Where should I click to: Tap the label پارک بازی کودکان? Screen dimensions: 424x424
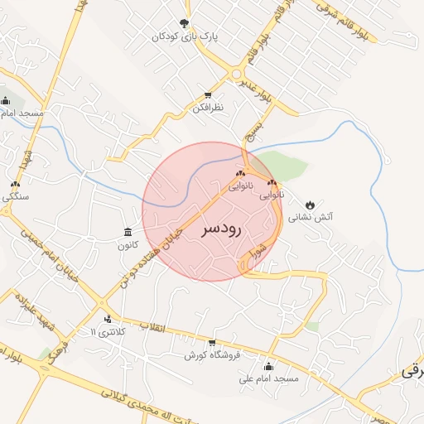pyautogui.click(x=184, y=37)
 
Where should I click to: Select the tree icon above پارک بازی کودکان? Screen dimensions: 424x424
pyautogui.click(x=184, y=23)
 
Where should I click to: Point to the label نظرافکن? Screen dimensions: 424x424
pyautogui.click(x=208, y=108)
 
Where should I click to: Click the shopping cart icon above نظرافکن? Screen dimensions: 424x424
pyautogui.click(x=208, y=94)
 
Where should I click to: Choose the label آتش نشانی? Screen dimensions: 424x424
pyautogui.click(x=311, y=217)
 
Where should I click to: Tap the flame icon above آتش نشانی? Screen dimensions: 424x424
pyautogui.click(x=310, y=204)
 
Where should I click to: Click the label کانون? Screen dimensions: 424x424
pyautogui.click(x=127, y=245)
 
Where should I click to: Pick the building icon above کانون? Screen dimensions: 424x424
pyautogui.click(x=127, y=232)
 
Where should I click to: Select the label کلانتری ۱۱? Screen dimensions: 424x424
pyautogui.click(x=104, y=333)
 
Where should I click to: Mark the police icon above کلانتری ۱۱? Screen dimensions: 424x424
pyautogui.click(x=108, y=320)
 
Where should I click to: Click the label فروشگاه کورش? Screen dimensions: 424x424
pyautogui.click(x=212, y=355)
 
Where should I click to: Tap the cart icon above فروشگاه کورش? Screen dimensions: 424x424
pyautogui.click(x=212, y=342)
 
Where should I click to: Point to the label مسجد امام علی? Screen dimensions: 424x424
pyautogui.click(x=267, y=379)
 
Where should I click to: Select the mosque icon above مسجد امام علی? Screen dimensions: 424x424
pyautogui.click(x=267, y=366)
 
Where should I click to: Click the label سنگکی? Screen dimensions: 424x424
pyautogui.click(x=16, y=197)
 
